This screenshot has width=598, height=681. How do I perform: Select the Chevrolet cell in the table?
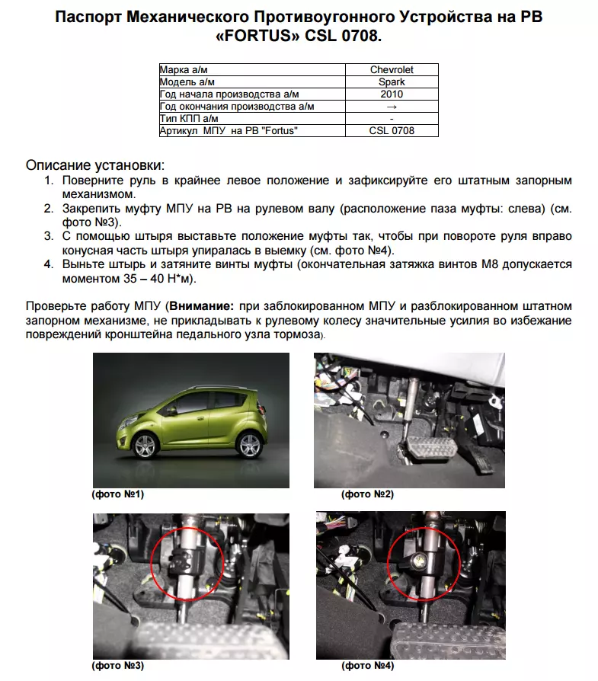coord(392,70)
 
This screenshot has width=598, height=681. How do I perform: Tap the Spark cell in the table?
coord(392,82)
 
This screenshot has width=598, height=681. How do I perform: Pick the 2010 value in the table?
coord(392,94)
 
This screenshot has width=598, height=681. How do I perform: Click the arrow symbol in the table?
coord(392,107)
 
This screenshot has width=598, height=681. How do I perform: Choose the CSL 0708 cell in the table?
coord(392,131)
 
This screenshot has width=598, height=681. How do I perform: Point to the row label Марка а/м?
coord(184,70)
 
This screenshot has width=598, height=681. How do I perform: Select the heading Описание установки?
coord(95,165)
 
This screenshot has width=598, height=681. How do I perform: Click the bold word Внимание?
coord(203,307)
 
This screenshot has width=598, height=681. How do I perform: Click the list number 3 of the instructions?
coord(48,236)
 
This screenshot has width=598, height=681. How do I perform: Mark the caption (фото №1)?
coord(118,494)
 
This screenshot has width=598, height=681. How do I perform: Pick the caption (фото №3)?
coord(118,665)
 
